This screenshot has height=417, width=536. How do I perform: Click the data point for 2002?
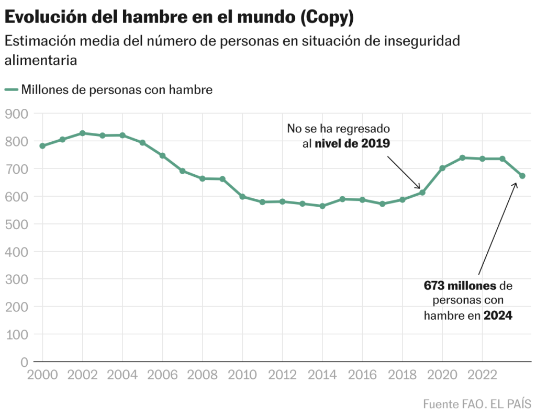tap(83, 133)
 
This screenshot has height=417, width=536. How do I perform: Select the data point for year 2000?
tap(42, 146)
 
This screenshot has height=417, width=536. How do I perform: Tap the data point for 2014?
tap(322, 206)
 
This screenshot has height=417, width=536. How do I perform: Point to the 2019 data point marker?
tap(422, 193)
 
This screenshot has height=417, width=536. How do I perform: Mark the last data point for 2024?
tap(522, 176)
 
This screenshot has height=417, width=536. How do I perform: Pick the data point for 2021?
tap(462, 157)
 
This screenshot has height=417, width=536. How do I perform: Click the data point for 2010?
tap(242, 197)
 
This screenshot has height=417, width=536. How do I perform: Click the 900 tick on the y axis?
tap(17, 114)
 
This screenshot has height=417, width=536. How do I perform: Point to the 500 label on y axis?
tap(17, 224)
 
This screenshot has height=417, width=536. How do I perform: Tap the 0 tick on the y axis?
tap(24, 362)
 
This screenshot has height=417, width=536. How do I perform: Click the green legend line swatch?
tap(12, 90)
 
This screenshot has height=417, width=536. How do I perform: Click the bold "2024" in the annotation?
tap(498, 315)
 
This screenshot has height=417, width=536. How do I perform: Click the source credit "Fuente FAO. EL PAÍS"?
tap(477, 404)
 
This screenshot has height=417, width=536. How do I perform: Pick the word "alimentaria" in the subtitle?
tap(41, 60)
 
